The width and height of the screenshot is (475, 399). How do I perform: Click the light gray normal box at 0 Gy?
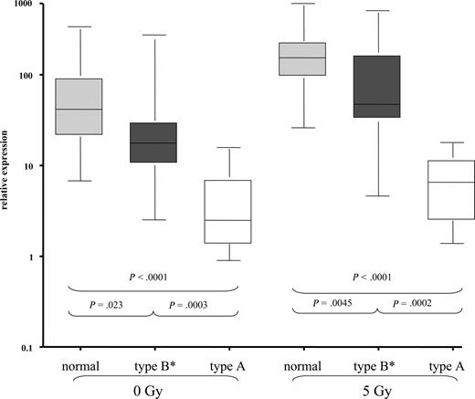(x=79, y=106)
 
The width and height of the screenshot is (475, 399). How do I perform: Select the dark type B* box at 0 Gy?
(x=153, y=142)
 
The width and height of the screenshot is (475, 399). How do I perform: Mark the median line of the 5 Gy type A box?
(x=451, y=183)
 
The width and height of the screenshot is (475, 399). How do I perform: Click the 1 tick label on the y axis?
(x=38, y=257)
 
